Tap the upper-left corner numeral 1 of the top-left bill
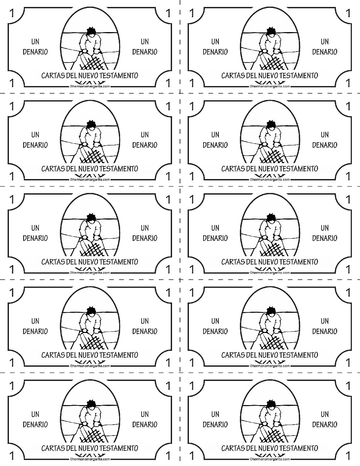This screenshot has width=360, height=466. click(12, 13)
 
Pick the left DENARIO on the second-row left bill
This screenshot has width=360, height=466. click(35, 145)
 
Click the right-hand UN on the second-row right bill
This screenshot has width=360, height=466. click(325, 135)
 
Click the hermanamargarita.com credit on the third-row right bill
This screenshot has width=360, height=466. click(270, 273)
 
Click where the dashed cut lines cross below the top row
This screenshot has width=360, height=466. click(180, 93)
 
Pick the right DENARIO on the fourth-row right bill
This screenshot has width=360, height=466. click(325, 331)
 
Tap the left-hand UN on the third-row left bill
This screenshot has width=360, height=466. click(35, 228)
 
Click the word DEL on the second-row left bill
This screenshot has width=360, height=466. click(71, 169)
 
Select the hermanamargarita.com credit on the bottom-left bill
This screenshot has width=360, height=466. click(90, 459)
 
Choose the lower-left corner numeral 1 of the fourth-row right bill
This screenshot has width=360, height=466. click(192, 363)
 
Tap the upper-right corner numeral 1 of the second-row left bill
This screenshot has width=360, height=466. click(168, 106)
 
